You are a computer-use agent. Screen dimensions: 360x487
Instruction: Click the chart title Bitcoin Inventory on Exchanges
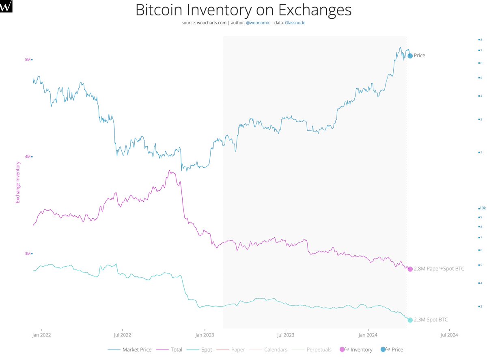pos(243,10)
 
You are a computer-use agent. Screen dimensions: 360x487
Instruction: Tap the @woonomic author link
pos(258,23)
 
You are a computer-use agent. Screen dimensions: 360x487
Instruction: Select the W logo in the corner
pos(6,6)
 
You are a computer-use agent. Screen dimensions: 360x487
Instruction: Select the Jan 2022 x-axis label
pos(41,335)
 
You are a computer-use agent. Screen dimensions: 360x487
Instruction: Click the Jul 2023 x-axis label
pos(286,335)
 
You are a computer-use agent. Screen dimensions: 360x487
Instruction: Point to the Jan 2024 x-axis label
pos(368,335)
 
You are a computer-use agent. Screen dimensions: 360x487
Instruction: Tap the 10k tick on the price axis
pos(482,208)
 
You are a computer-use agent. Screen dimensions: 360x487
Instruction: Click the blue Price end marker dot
pos(410,56)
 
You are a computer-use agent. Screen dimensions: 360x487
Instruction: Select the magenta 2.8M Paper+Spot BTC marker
pos(410,269)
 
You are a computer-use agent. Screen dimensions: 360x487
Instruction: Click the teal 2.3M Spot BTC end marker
pos(410,320)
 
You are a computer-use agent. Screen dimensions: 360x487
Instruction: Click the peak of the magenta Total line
pos(169,170)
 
